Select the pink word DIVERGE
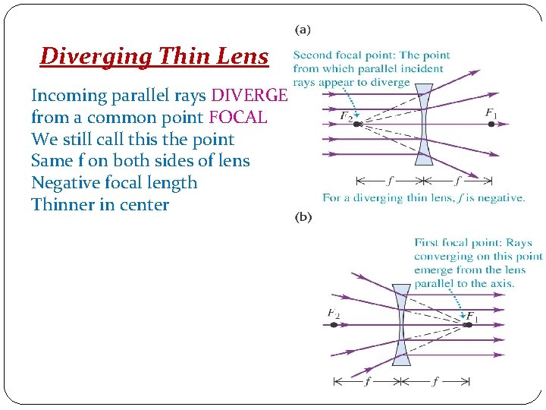pos(249,96)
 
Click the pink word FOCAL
pos(237,118)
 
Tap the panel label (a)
pos(302,30)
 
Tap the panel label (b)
pos(303,216)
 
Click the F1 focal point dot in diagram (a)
pos(491,123)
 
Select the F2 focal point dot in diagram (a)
pos(357,123)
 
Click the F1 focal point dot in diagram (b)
pos(468,324)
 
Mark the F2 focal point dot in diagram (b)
pos(334,324)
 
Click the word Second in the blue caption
pos(312,55)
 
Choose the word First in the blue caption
pos(426,243)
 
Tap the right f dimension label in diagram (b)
pos(435,382)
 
